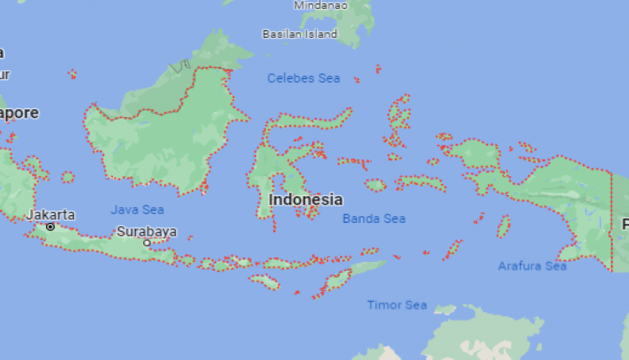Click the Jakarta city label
point(51,214)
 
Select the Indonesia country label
point(306,200)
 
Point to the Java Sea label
point(137,209)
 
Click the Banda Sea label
point(373,218)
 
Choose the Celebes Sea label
point(303,78)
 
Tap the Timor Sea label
point(397,305)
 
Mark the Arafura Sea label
point(532,266)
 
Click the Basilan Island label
point(299,34)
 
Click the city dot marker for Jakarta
point(50,226)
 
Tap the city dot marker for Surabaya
point(147,242)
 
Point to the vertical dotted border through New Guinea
point(611,223)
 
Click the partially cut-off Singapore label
point(18,113)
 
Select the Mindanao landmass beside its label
point(354,20)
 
